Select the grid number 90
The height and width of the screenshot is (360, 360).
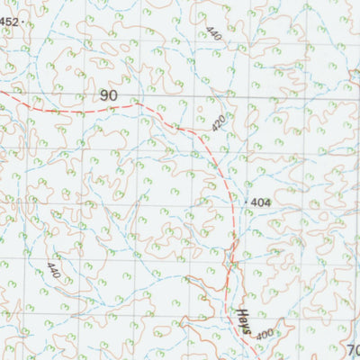[x=108, y=95]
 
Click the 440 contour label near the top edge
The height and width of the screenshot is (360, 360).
[x=212, y=35]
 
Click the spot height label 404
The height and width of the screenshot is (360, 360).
[x=260, y=203]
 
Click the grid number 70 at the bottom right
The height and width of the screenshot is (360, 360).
[x=353, y=349]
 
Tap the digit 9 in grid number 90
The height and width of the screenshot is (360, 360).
[x=103, y=95]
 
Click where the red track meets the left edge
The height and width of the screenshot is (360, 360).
[x=2, y=90]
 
